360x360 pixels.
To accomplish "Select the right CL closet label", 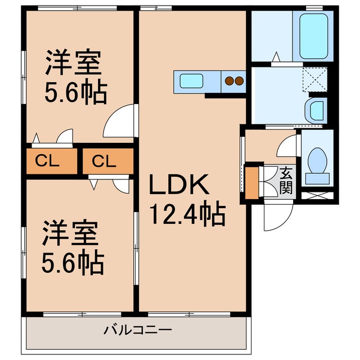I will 104,162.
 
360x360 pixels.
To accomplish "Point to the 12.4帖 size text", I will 187,214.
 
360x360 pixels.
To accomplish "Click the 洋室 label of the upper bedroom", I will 73,64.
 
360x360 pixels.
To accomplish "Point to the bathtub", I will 313,36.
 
